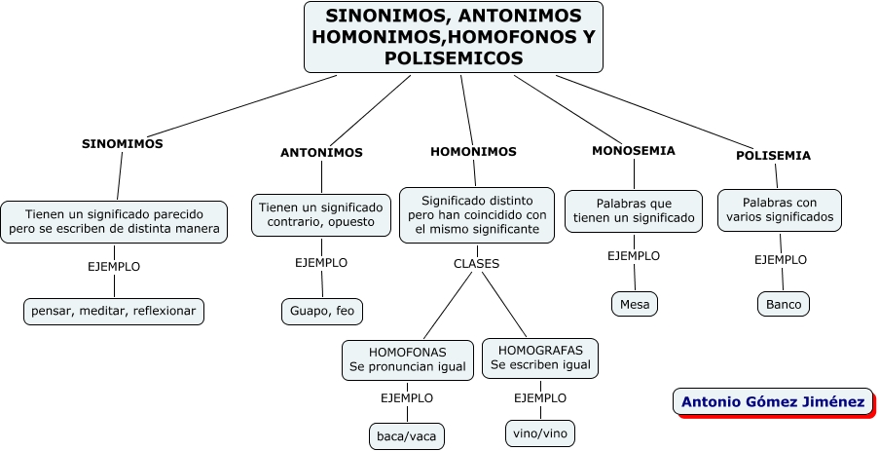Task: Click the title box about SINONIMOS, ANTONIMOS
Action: [453, 37]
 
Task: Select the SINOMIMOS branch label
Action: [122, 143]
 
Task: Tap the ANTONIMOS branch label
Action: [321, 153]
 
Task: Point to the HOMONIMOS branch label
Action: [473, 152]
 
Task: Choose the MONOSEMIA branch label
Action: [633, 151]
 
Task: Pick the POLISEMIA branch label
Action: [773, 155]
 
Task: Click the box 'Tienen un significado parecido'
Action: [114, 221]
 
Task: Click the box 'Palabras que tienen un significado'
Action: [634, 211]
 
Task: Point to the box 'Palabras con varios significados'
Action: [780, 209]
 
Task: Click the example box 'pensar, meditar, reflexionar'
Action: [114, 311]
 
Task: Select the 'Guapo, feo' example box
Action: [323, 311]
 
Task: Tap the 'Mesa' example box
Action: [635, 304]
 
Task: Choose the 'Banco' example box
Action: [784, 304]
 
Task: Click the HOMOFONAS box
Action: [408, 359]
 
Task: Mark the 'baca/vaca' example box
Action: [407, 435]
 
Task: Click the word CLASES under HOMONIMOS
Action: [476, 263]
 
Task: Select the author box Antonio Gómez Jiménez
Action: [773, 401]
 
